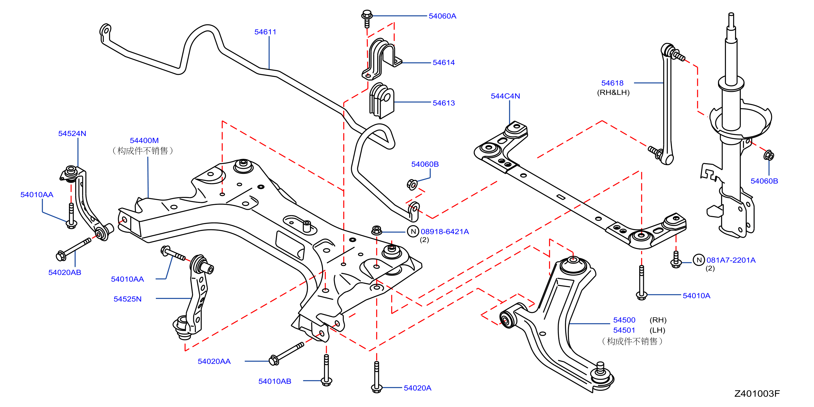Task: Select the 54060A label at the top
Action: tap(442, 16)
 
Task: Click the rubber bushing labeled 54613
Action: tap(382, 100)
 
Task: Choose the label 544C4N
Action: tap(505, 96)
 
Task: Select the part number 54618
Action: tap(612, 83)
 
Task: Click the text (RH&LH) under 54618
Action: tap(613, 93)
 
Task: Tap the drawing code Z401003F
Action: tap(757, 393)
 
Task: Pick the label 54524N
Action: tap(72, 133)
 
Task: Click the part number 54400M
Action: tap(144, 141)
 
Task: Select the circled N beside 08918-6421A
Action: tap(413, 232)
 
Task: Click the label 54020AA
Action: tap(214, 361)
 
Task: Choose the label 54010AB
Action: tap(275, 381)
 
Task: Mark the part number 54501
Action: tap(624, 330)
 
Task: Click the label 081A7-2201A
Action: tap(731, 260)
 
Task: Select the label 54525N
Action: tap(127, 299)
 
